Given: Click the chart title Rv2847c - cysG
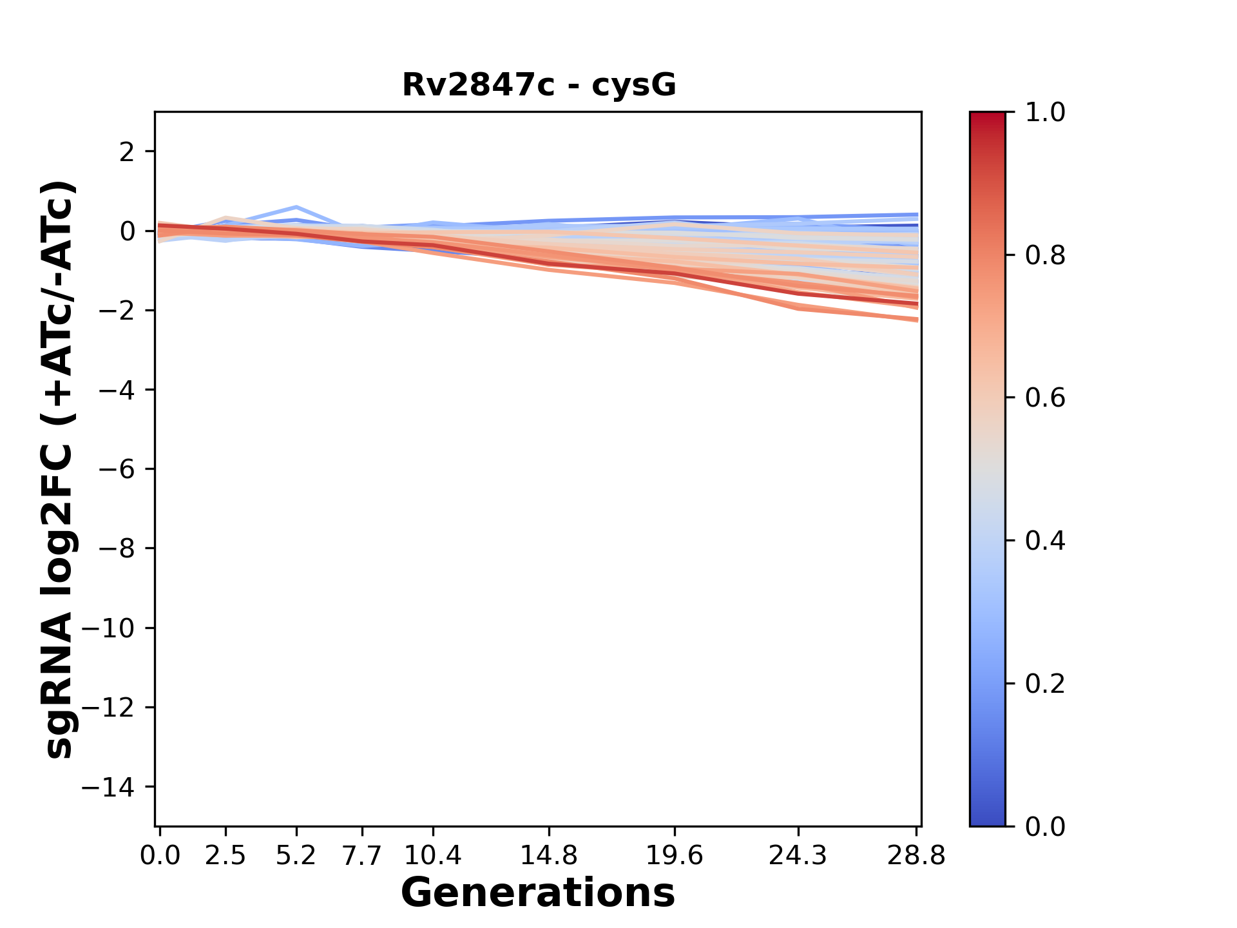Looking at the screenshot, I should click(539, 84).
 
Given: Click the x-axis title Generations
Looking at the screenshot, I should click(538, 893).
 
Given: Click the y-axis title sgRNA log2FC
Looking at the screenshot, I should click(59, 469).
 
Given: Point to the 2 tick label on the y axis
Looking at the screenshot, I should click(127, 152).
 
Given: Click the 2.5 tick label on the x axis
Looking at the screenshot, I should click(225, 856).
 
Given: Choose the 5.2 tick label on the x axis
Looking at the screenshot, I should click(296, 856).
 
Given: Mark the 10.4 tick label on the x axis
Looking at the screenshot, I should click(432, 856).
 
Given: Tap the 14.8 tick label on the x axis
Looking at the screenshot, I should click(548, 856).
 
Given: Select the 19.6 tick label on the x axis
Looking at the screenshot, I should click(675, 856).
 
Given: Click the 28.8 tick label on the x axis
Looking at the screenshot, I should click(917, 856).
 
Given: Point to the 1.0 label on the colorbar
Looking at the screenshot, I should click(1045, 113).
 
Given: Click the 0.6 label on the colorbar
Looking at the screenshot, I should click(1045, 398).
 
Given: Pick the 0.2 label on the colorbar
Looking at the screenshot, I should click(1045, 684).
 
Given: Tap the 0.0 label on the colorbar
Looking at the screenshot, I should click(1045, 827).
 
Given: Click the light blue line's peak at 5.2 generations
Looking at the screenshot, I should click(296, 208).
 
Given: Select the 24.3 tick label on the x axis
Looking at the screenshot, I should click(798, 856).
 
